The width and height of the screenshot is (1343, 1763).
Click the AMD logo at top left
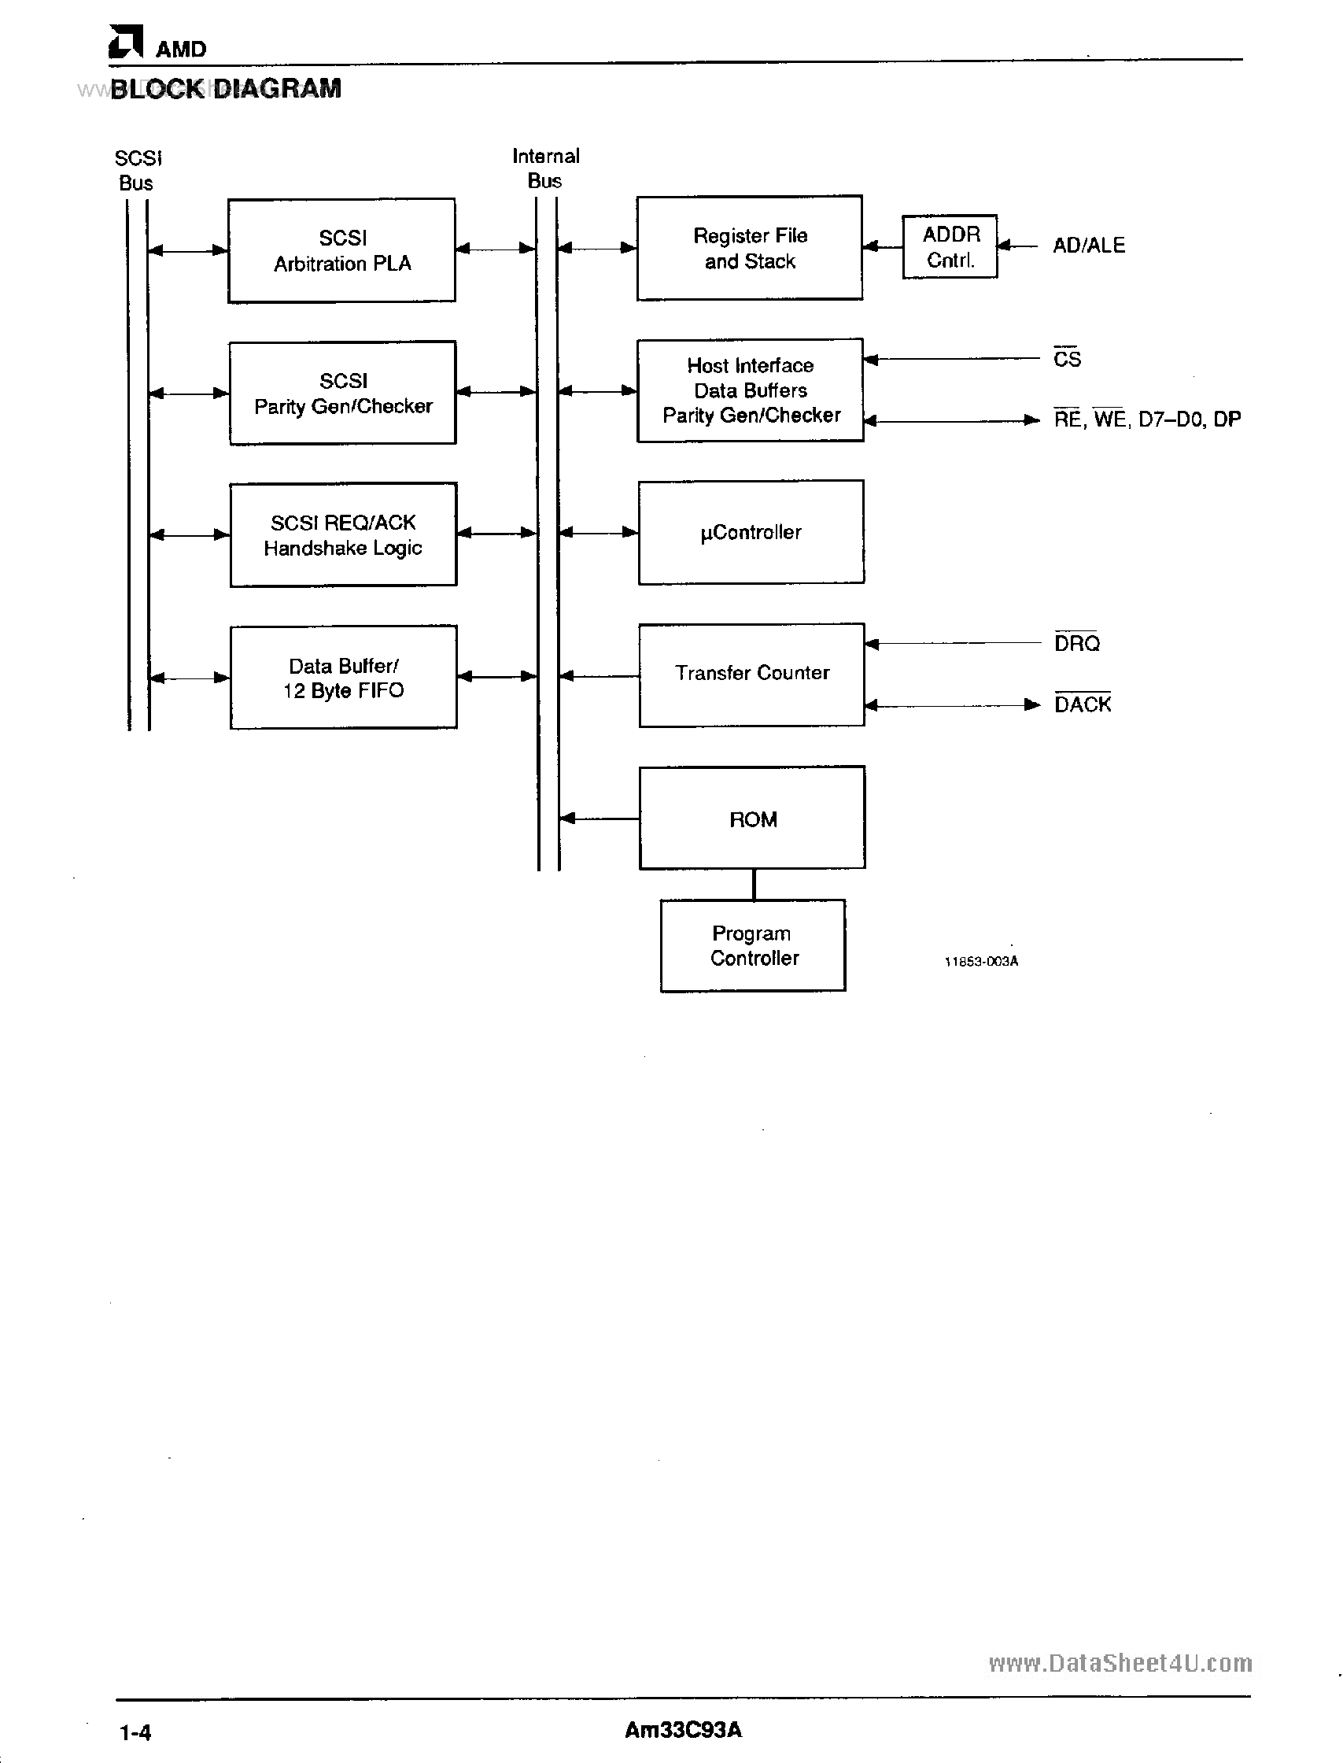pos(126,43)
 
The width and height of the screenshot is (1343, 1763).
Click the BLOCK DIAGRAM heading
pos(226,89)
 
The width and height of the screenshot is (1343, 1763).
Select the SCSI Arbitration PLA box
pos(341,250)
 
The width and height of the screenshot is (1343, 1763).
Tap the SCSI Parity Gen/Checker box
pos(342,393)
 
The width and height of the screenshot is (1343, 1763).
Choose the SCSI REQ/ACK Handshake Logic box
pos(343,534)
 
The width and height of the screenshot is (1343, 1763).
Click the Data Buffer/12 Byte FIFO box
pos(343,677)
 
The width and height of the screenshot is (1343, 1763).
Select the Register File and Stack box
pos(749,248)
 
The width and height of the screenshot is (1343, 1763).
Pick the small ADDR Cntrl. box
pos(950,246)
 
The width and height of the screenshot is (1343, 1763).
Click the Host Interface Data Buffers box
pos(750,390)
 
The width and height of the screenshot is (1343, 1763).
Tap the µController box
pos(751,532)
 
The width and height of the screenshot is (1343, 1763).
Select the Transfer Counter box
pos(751,674)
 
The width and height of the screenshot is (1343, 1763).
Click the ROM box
pos(752,818)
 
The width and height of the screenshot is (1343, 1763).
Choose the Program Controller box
pos(752,945)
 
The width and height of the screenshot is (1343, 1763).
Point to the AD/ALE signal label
pos(1088,246)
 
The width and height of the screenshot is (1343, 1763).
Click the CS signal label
pos(1066,359)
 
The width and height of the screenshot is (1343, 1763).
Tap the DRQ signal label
pos(1076,643)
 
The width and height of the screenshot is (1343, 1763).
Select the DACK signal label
pos(1082,704)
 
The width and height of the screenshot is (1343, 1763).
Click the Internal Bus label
pos(545,168)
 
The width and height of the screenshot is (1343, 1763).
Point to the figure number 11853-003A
pos(981,961)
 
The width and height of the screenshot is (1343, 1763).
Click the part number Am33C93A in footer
pos(683,1730)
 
